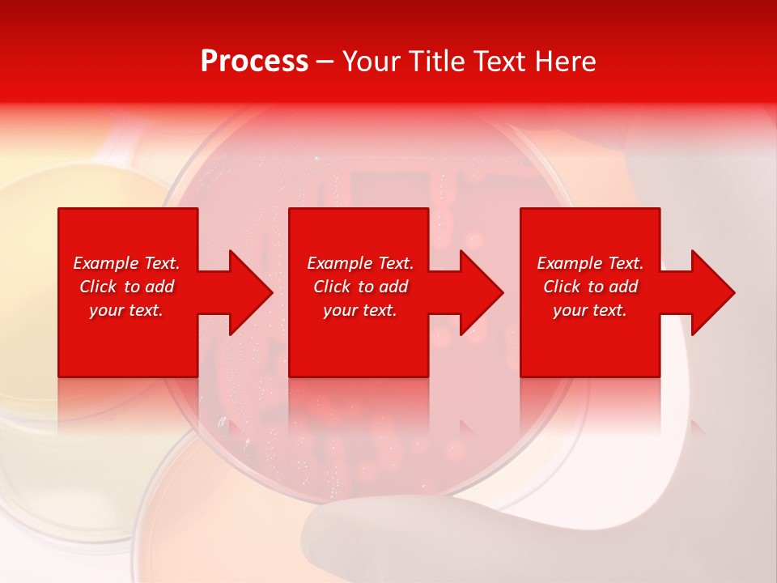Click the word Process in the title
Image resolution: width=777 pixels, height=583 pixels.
pos(254,62)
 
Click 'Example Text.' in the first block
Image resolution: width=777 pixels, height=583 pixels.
pos(126,263)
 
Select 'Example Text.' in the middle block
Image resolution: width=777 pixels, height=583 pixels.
pos(360,263)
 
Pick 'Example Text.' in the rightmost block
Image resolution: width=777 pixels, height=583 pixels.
pos(590,263)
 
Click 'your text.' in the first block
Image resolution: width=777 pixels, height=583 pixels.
pos(126,310)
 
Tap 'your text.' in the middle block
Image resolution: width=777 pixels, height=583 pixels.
pos(360,310)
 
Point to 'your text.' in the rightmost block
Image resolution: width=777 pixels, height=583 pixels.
pos(590,310)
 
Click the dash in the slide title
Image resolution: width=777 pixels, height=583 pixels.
pos(325,62)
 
